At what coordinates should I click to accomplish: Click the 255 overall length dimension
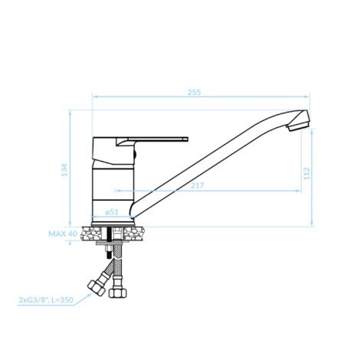tap(195, 92)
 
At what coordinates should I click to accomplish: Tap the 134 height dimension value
tap(64, 170)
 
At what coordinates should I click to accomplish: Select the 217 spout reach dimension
tap(198, 185)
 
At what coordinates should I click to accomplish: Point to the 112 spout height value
tap(306, 173)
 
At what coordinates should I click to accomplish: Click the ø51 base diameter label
tap(112, 212)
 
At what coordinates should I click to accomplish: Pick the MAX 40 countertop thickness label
tap(63, 234)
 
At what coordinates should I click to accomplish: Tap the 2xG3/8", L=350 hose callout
tap(46, 299)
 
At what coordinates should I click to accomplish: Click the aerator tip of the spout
tap(298, 126)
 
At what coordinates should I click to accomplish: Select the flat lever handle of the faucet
tap(152, 139)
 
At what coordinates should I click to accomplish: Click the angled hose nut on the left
tap(97, 287)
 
